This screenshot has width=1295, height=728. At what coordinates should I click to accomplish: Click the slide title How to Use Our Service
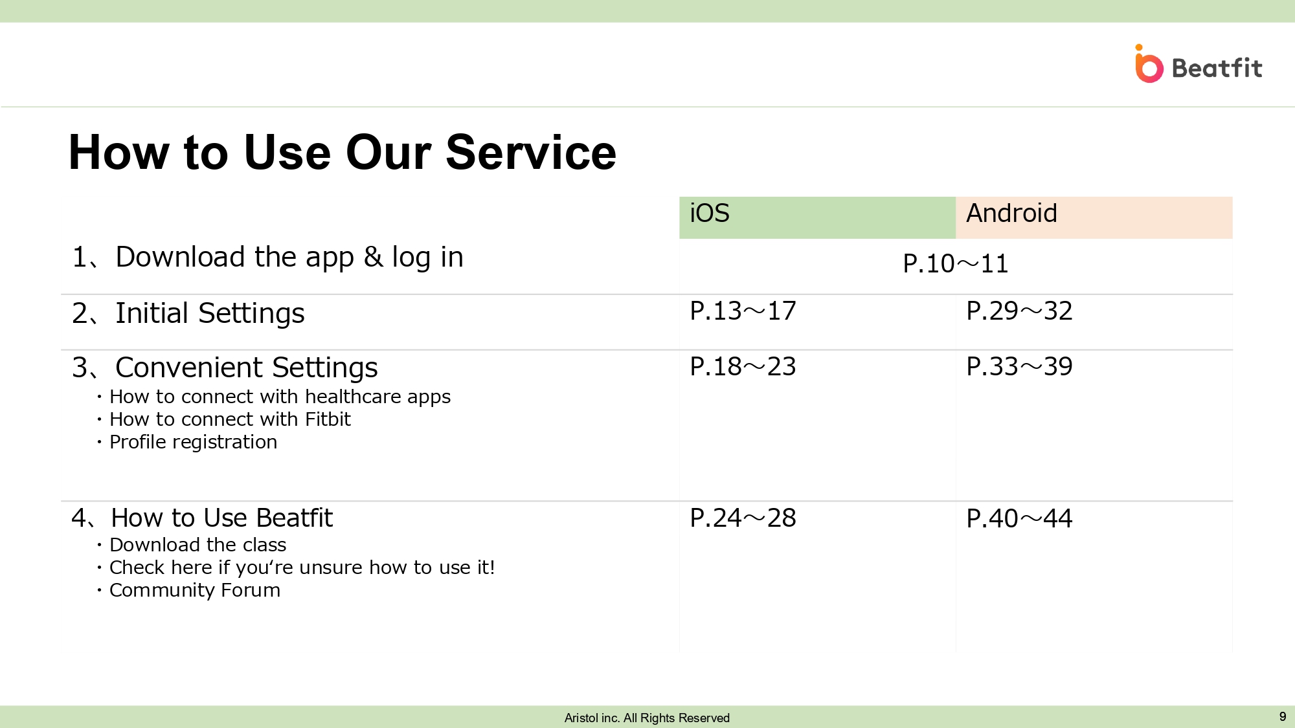tap(343, 153)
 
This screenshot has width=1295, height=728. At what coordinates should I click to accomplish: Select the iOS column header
tap(710, 213)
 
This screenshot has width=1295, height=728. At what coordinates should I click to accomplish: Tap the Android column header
tap(1011, 213)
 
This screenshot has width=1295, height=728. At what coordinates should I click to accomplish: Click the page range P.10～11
tap(956, 263)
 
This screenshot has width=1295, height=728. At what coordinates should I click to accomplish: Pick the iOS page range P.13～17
tap(743, 311)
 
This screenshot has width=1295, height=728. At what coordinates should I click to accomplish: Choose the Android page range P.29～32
tap(1019, 311)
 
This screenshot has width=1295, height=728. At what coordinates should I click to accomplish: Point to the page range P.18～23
tap(743, 367)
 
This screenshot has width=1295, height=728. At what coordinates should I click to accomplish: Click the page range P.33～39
tap(1019, 367)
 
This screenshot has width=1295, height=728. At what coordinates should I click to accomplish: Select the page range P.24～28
tap(743, 518)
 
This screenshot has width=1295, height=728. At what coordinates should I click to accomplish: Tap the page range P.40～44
tap(1019, 519)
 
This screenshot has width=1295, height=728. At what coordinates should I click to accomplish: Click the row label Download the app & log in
tap(289, 258)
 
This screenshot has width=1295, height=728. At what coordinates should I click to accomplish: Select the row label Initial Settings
tap(210, 314)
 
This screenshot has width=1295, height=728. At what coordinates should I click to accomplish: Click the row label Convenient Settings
tap(247, 368)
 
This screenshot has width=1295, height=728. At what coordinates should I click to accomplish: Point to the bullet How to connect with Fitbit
tap(230, 419)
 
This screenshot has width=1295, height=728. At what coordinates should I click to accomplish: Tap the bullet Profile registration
tap(193, 442)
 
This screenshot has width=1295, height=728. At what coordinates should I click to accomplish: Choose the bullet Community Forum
tap(195, 590)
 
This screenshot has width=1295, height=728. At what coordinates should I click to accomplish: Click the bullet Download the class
tap(197, 545)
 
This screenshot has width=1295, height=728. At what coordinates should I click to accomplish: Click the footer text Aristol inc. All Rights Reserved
tap(647, 718)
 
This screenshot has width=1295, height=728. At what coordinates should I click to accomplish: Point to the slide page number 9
tap(1283, 716)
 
